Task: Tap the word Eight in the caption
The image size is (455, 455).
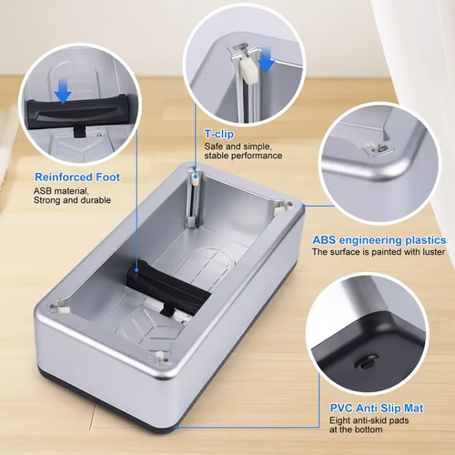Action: click(339, 421)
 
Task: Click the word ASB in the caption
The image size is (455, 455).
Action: click(44, 190)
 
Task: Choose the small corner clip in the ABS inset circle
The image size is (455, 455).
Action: click(372, 147)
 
